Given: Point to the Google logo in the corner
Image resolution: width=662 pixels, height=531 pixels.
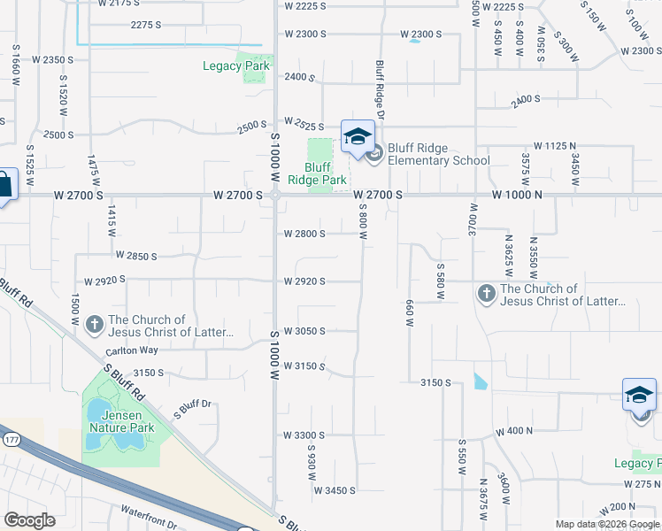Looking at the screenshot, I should click(29, 519).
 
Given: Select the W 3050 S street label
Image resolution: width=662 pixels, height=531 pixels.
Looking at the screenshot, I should click(304, 331).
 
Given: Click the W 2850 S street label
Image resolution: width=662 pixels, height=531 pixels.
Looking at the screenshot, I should click(135, 256).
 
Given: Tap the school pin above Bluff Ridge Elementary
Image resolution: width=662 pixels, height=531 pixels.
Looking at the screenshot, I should click(358, 136).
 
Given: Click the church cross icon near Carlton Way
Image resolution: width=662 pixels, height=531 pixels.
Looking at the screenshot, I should click(95, 326).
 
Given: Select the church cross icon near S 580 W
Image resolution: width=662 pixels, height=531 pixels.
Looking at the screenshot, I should click(486, 294).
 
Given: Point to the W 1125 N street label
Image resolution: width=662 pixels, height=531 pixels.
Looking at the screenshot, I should click(555, 145).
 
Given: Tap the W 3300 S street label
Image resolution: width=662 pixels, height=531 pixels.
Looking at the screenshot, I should click(304, 435).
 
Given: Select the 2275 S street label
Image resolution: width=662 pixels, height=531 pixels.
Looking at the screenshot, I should click(146, 25).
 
